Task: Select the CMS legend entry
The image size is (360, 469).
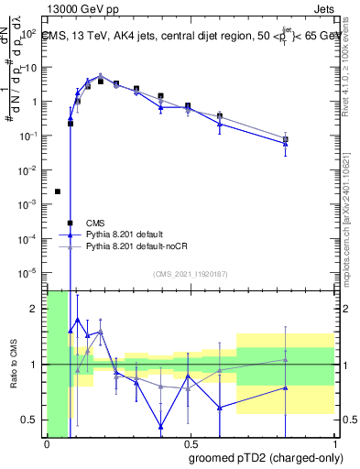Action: (95, 223)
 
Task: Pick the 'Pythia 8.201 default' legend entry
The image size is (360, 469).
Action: (127, 234)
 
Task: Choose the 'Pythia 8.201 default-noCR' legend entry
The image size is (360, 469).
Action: (138, 246)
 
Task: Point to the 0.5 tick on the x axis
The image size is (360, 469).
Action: (190, 443)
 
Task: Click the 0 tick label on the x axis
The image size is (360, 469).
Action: (47, 443)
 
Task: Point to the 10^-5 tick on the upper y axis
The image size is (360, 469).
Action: (31, 272)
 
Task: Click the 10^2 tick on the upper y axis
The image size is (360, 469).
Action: (31, 34)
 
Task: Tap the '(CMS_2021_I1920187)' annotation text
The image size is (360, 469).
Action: (191, 273)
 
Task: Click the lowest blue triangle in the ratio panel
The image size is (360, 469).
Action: (160, 426)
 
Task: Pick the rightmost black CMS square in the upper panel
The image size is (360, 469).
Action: (286, 139)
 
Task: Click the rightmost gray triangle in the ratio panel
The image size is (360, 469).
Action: (286, 359)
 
